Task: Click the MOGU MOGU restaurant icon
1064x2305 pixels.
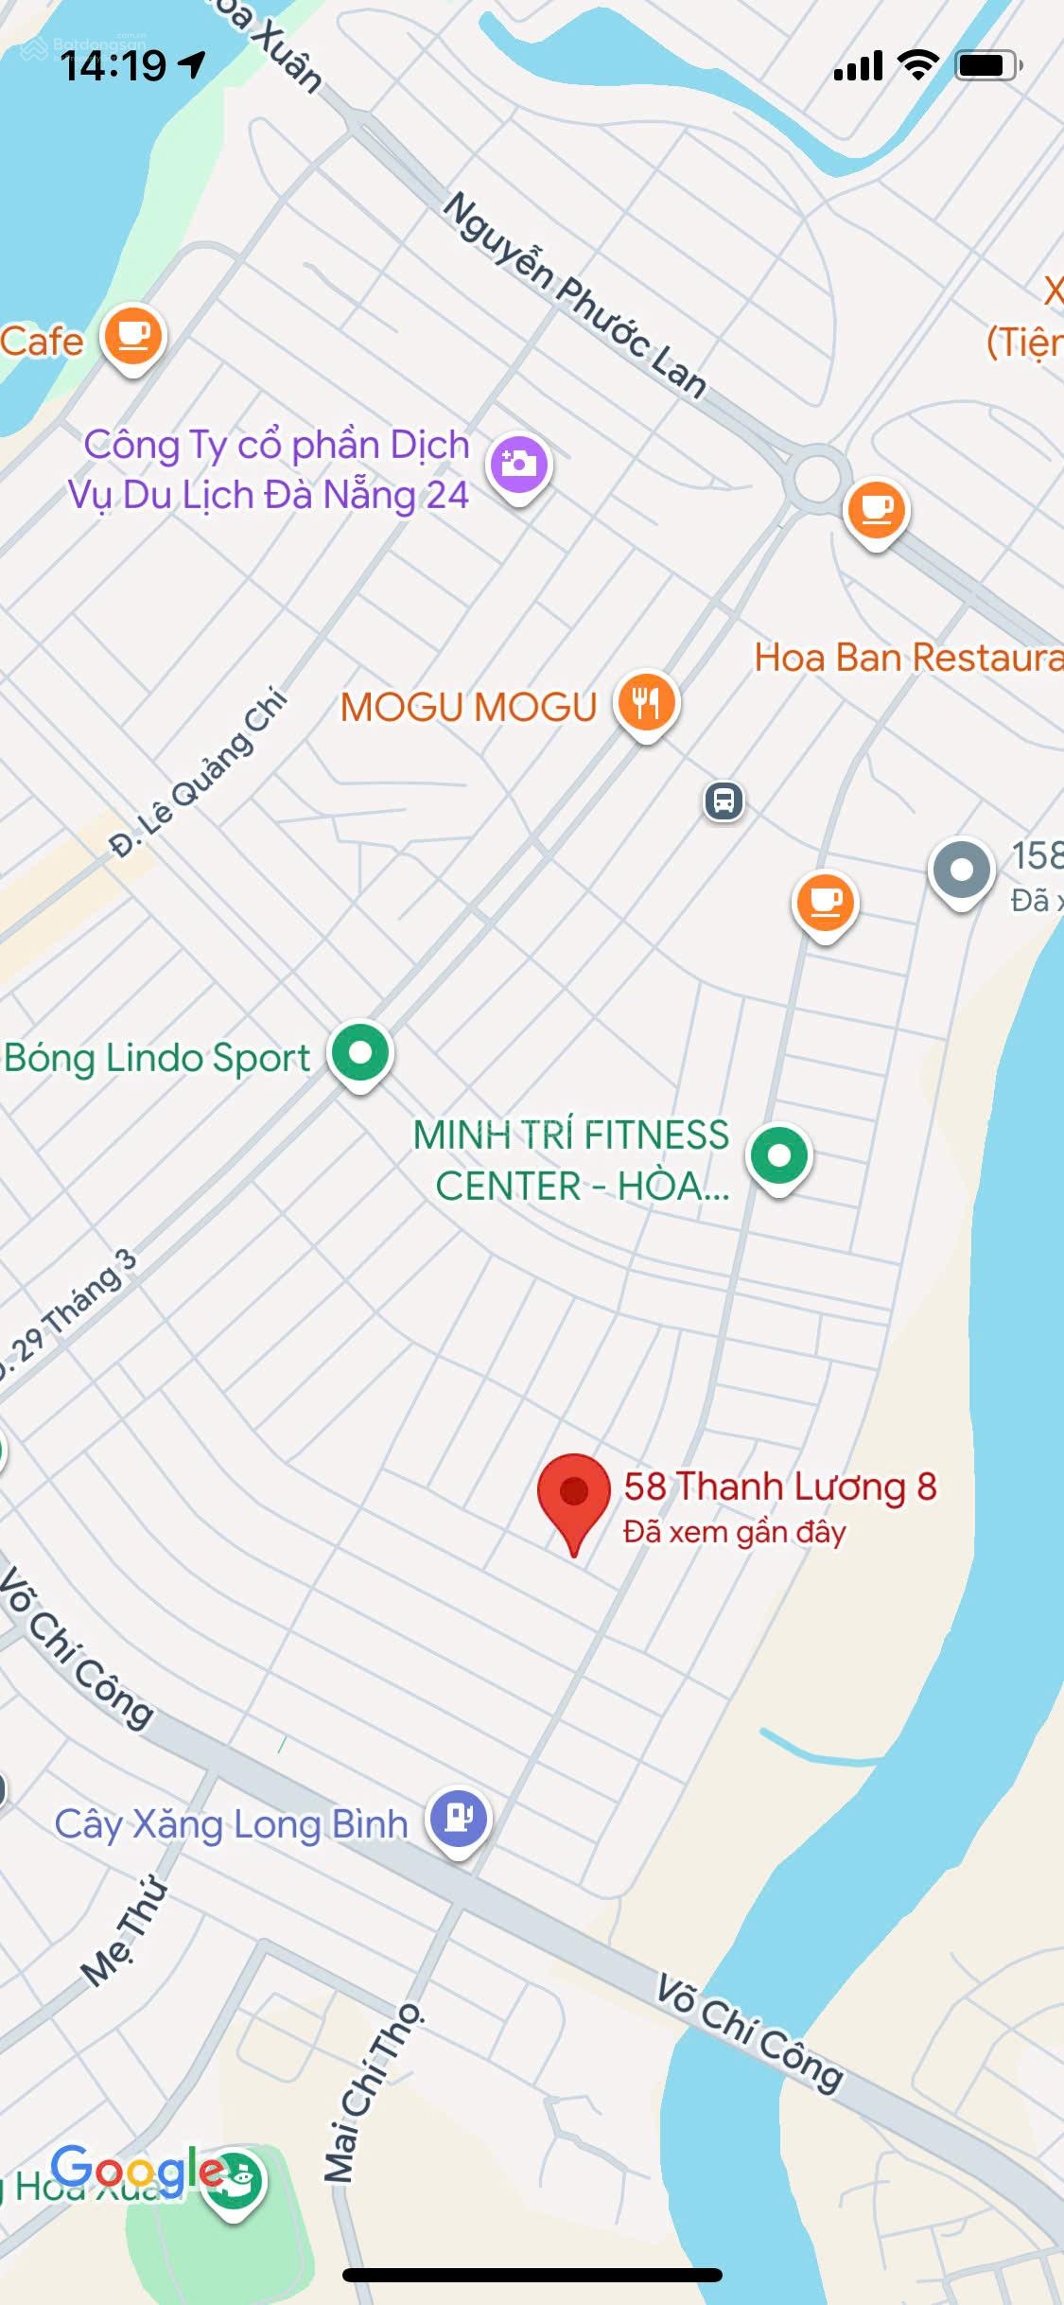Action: point(647,702)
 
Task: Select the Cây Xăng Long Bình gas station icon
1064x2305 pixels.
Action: point(459,1819)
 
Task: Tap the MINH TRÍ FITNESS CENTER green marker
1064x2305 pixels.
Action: point(779,1155)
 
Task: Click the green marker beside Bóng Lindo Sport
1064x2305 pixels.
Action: point(360,1053)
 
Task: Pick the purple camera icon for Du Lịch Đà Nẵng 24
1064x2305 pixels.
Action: point(519,464)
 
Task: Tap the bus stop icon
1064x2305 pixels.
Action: point(724,801)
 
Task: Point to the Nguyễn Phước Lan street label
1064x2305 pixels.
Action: point(575,294)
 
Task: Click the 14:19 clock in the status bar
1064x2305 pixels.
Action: point(113,66)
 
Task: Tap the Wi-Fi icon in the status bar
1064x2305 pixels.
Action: point(916,65)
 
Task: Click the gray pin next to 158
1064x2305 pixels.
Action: point(961,871)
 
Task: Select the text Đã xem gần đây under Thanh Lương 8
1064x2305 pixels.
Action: point(734,1532)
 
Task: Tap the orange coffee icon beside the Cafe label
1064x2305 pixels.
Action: point(133,336)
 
